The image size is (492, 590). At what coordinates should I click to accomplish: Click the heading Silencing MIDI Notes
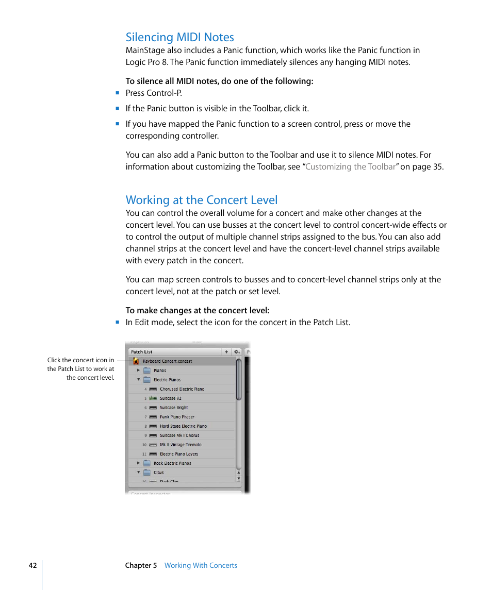pos(179,37)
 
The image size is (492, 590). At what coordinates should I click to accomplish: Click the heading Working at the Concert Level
pos(201,200)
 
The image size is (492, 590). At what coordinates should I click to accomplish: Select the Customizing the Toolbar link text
pos(350,166)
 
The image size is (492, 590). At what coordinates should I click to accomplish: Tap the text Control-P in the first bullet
pos(164,93)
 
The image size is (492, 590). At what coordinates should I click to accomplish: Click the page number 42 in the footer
pos(32,565)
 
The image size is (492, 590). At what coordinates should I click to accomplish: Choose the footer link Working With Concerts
pos(201,565)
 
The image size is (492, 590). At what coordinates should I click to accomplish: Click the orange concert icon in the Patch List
pos(136,361)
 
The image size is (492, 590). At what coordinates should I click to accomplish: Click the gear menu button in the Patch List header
pos(237,352)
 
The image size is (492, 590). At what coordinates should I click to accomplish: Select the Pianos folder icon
pos(147,370)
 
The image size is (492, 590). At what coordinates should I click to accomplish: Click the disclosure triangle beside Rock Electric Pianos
pos(138,463)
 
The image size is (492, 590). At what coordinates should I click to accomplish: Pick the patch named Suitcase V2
pos(170,398)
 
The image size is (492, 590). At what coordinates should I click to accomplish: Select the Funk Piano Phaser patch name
pos(177,417)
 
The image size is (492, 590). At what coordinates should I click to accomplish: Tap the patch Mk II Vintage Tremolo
pos(181,445)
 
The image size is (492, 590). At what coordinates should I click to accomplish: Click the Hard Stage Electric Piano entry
pos(183,426)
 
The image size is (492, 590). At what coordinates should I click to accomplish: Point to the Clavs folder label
pos(158,473)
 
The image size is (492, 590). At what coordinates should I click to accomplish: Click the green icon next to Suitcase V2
pos(153,398)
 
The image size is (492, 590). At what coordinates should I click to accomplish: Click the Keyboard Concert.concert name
pos(167,361)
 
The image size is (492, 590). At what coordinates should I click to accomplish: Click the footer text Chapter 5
pos(141,565)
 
